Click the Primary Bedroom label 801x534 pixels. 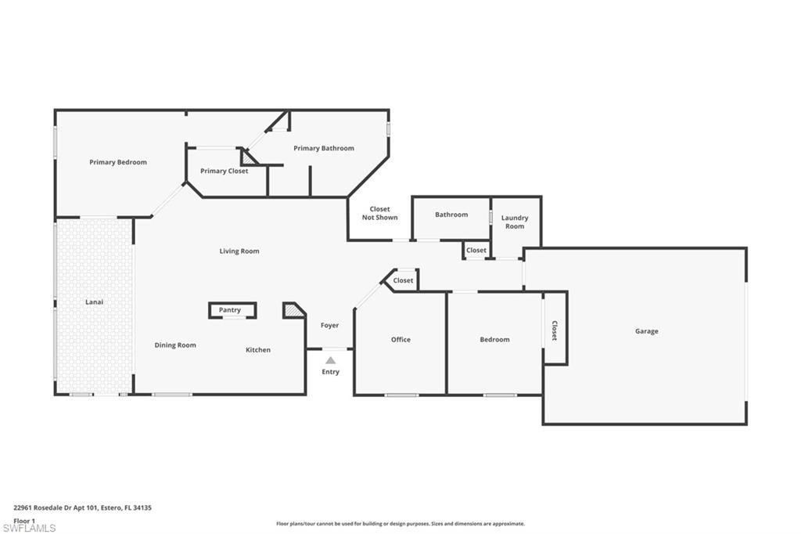pyautogui.click(x=118, y=162)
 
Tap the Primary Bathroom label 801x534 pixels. pyautogui.click(x=324, y=148)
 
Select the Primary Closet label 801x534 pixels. pyautogui.click(x=224, y=171)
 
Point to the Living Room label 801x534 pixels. pyautogui.click(x=239, y=251)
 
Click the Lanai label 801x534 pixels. pyautogui.click(x=94, y=301)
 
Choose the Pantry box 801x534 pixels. pyautogui.click(x=232, y=311)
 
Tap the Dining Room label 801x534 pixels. pyautogui.click(x=175, y=345)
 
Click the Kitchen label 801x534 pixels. pyautogui.click(x=258, y=350)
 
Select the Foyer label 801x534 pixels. pyautogui.click(x=329, y=325)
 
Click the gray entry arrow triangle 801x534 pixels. pyautogui.click(x=331, y=360)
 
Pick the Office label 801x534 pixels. pyautogui.click(x=400, y=340)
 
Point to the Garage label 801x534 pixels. pyautogui.click(x=647, y=331)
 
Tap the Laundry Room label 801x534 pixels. pyautogui.click(x=515, y=222)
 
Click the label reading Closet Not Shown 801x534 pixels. pyautogui.click(x=379, y=213)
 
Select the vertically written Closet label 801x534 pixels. pyautogui.click(x=555, y=331)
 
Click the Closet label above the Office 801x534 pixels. pyautogui.click(x=403, y=280)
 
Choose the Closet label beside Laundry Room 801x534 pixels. pyautogui.click(x=476, y=250)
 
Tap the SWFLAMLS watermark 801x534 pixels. pyautogui.click(x=29, y=528)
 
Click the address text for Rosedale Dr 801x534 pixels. pyautogui.click(x=82, y=508)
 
